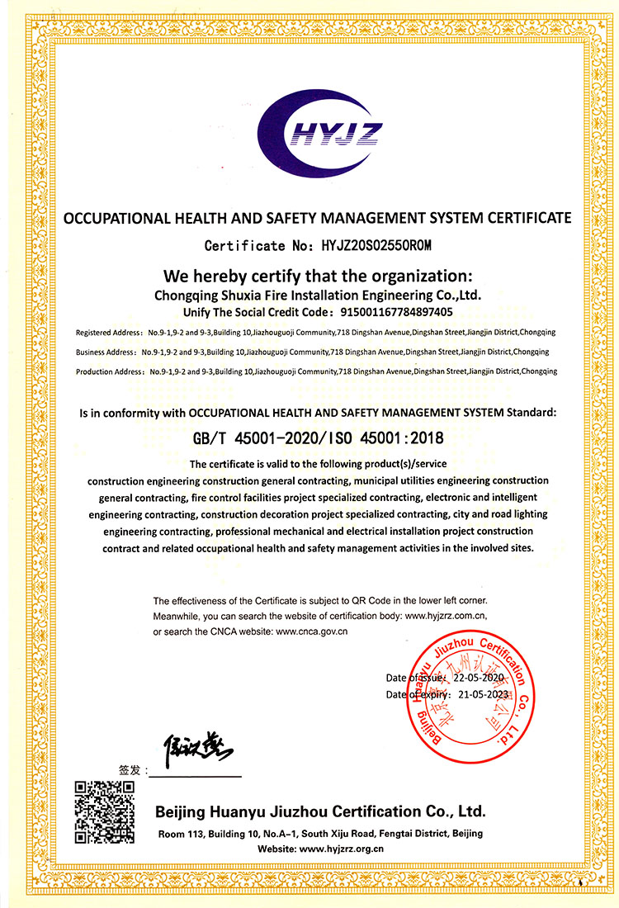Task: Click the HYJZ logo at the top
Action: tap(309, 132)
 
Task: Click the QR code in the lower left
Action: tap(105, 811)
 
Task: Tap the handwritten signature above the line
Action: tap(197, 749)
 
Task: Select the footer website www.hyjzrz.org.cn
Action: tap(343, 849)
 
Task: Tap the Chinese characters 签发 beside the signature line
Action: tap(130, 769)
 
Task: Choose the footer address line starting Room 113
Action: tap(320, 833)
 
